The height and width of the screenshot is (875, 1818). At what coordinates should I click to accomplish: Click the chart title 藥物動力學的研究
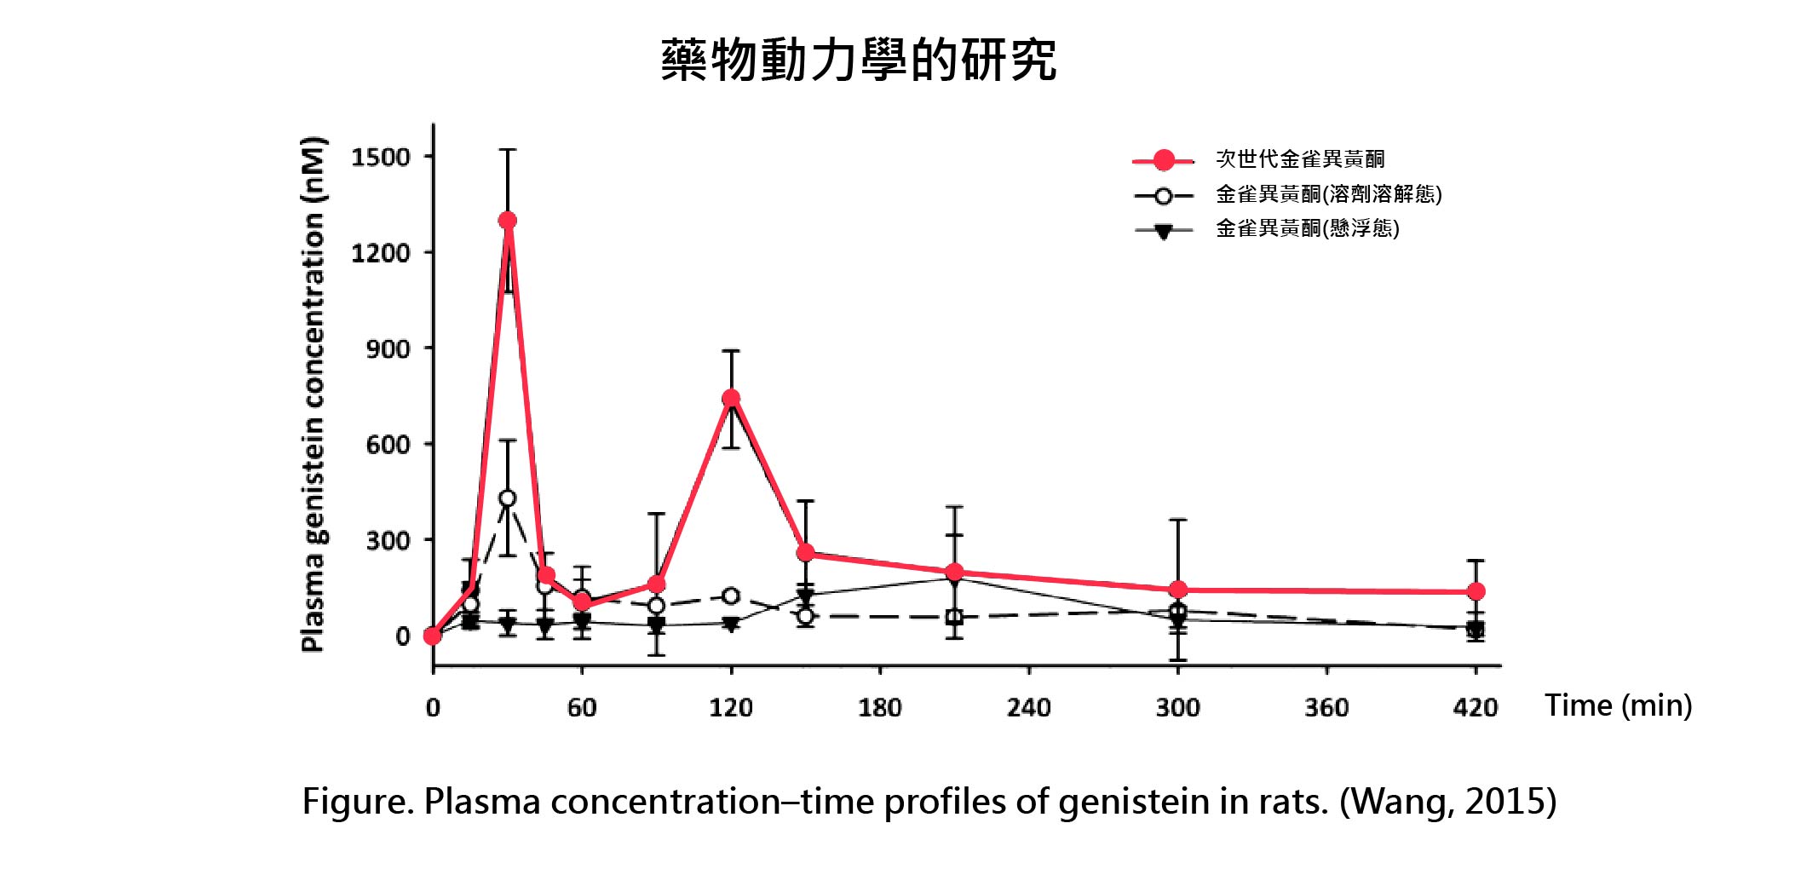(858, 60)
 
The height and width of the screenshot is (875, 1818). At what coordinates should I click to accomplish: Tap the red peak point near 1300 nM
(508, 221)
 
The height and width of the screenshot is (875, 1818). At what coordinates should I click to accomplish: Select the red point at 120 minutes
(731, 398)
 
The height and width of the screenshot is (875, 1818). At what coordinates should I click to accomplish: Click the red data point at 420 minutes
(1476, 591)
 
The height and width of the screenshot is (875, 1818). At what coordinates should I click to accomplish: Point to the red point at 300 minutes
(1178, 590)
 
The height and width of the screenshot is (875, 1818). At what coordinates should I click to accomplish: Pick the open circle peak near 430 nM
(507, 498)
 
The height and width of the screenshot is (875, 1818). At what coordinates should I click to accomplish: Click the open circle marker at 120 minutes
(730, 596)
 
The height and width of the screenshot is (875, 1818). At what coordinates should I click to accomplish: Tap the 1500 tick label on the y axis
(380, 158)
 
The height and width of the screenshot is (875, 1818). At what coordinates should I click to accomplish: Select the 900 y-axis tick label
(388, 349)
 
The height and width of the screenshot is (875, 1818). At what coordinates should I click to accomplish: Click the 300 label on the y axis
(388, 541)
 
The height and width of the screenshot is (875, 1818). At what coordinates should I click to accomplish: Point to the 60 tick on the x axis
(582, 708)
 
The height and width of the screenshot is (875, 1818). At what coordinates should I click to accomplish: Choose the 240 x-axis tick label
(1028, 708)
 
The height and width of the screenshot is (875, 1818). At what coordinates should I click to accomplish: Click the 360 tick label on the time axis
(1326, 708)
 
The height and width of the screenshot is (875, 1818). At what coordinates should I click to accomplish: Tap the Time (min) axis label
(1618, 705)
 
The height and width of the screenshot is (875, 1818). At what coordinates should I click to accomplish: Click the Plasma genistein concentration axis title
(314, 394)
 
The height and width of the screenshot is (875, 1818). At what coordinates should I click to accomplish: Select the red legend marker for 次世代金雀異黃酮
(1163, 160)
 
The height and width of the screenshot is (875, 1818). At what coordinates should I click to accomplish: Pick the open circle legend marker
(1163, 196)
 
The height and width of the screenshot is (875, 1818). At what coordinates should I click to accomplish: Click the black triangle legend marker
(1163, 231)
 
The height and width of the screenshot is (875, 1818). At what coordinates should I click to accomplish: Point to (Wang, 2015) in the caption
(1447, 802)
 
